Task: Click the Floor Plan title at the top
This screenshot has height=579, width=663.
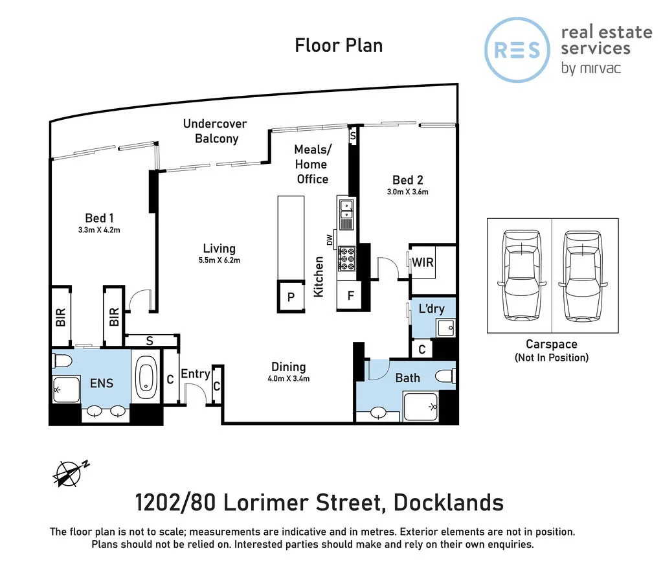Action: pos(339,45)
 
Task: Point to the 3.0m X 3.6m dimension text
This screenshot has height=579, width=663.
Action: pos(408,192)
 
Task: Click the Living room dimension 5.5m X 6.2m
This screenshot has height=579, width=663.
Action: pos(219,260)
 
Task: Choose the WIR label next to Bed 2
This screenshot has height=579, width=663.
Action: pos(424,263)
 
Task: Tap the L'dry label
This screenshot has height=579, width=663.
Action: pos(431,309)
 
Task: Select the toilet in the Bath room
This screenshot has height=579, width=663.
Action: pos(446,376)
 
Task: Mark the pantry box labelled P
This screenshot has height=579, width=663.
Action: pos(291,297)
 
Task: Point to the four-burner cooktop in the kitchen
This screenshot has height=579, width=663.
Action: pos(346,258)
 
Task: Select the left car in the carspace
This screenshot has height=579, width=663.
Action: pos(520,275)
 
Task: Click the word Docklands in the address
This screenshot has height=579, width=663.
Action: pos(449,502)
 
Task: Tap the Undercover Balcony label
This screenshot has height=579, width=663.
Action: pos(215,131)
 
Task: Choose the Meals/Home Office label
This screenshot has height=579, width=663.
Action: pos(311,165)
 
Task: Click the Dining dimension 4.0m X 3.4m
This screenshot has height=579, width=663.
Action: pos(288,378)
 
